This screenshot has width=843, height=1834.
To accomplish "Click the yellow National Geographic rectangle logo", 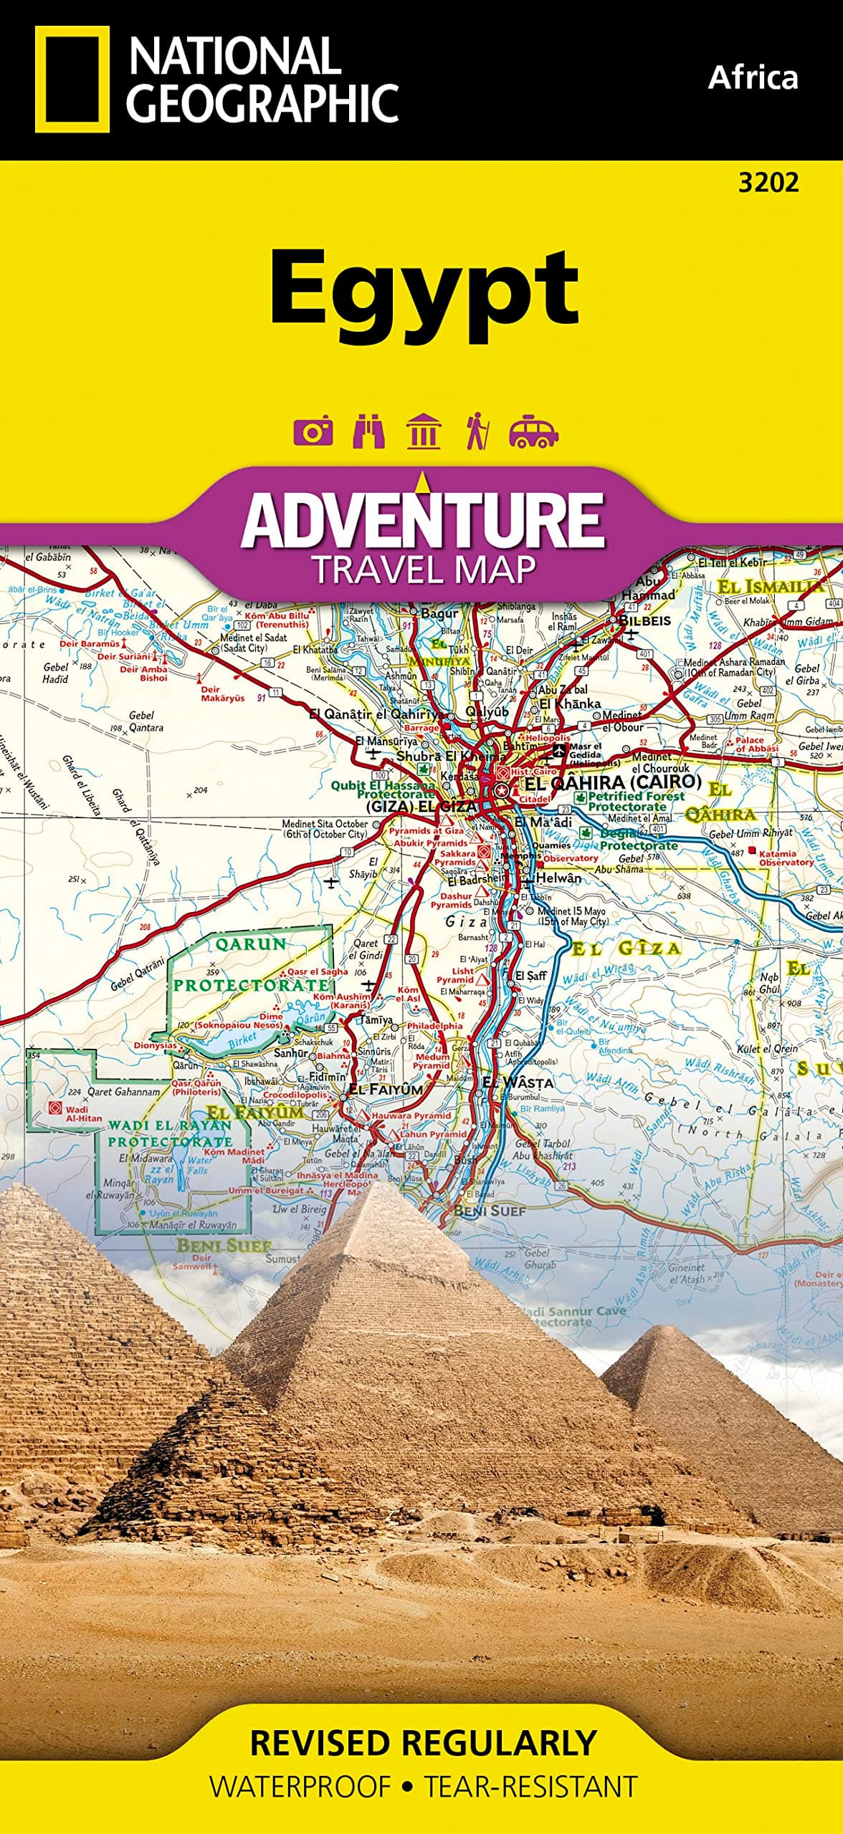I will (x=72, y=79).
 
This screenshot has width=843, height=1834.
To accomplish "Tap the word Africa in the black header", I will (x=752, y=77).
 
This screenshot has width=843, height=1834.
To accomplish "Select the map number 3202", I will (x=768, y=183).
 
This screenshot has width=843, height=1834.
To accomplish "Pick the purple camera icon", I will (x=313, y=432).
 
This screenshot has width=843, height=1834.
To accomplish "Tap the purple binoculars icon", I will (x=368, y=432).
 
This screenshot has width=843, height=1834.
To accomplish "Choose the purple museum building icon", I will (x=423, y=432).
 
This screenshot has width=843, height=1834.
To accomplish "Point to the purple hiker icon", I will (x=477, y=432).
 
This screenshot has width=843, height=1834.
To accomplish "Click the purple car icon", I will (x=533, y=432).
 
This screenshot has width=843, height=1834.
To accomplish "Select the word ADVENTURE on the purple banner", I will (x=423, y=521).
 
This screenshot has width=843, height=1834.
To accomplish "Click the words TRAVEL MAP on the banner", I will (x=423, y=570).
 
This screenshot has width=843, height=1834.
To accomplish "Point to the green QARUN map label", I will (x=251, y=944).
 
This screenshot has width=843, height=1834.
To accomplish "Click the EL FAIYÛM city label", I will (x=386, y=1089).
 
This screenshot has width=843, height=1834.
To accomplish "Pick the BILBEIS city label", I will (x=644, y=620).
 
